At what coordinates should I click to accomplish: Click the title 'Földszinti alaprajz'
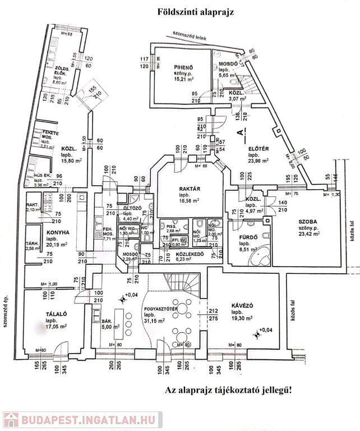tap(192, 11)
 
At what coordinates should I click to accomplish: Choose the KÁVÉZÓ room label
tap(243, 306)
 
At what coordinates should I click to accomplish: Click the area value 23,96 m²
tap(258, 161)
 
